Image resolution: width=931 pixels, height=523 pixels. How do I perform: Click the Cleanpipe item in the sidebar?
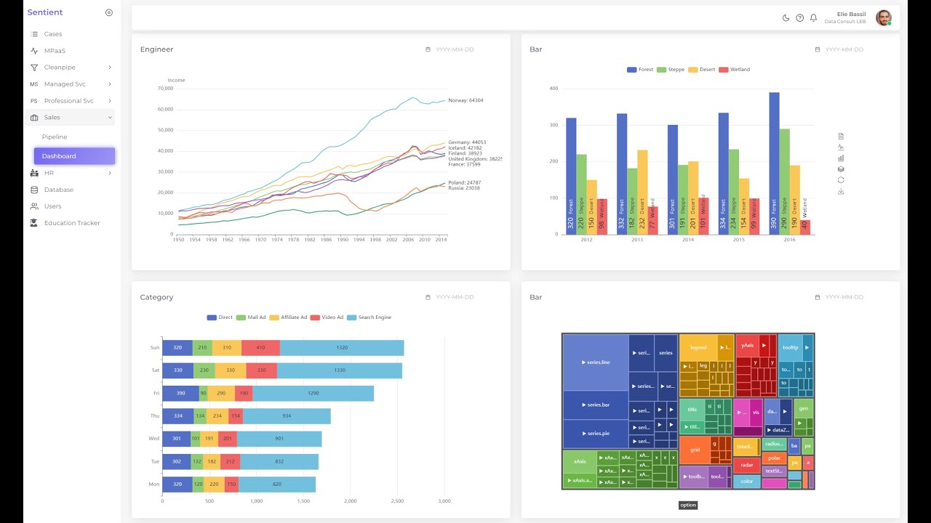click(59, 68)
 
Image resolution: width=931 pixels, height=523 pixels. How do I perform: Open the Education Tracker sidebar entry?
click(71, 223)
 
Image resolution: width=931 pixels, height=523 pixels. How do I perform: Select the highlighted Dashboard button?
click(74, 156)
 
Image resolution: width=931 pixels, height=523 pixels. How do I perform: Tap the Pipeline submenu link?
click(55, 137)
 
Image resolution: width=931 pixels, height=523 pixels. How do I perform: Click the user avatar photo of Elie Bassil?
click(883, 18)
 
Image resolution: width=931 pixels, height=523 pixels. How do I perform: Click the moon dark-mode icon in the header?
click(786, 18)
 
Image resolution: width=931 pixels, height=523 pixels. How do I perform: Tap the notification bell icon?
click(813, 18)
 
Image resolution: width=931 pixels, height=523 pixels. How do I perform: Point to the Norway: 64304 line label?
click(465, 100)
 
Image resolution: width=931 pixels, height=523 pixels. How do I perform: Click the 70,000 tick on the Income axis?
click(165, 89)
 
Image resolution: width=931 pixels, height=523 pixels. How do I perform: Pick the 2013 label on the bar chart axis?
click(637, 240)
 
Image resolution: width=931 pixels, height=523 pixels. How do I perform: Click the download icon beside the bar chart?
click(841, 192)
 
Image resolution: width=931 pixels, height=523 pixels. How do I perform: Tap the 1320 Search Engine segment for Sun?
click(342, 348)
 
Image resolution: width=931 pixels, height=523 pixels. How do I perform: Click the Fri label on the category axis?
click(156, 393)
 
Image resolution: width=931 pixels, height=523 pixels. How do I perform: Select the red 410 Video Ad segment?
click(260, 348)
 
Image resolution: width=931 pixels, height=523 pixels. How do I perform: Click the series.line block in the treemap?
click(596, 362)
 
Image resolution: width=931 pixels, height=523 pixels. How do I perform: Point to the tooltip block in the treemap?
click(790, 348)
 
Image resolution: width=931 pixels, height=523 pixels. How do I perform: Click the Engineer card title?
click(156, 49)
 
